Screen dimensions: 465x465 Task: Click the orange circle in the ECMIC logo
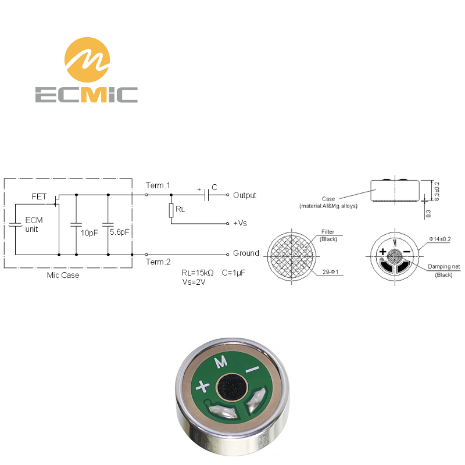click(x=87, y=60)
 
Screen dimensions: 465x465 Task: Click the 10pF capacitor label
click(x=90, y=233)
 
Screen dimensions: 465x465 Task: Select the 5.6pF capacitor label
click(x=120, y=232)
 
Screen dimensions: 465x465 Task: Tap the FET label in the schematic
click(x=39, y=196)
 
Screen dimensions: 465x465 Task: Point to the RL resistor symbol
click(x=171, y=210)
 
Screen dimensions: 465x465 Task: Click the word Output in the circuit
click(x=245, y=195)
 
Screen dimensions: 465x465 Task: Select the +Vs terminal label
click(x=240, y=223)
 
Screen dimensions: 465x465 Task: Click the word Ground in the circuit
click(x=246, y=253)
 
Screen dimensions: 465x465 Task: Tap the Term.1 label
click(x=158, y=185)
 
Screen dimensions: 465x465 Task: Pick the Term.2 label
click(x=158, y=262)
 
